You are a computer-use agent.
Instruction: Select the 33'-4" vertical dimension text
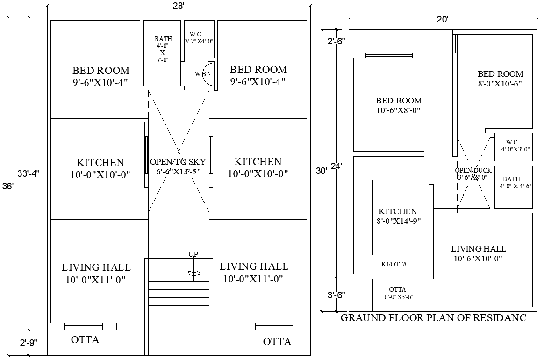coord(29,173)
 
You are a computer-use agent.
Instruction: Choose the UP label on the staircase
coord(193,254)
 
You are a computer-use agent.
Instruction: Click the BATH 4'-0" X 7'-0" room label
coord(163,49)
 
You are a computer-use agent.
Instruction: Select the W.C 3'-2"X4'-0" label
coord(199,37)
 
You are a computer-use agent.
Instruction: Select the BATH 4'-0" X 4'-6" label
coord(512,182)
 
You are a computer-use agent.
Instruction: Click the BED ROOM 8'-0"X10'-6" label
coord(500,79)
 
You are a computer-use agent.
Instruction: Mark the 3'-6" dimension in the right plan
coord(336,295)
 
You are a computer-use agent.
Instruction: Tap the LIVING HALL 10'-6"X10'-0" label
coord(478,253)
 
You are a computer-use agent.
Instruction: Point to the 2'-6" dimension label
coord(336,41)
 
